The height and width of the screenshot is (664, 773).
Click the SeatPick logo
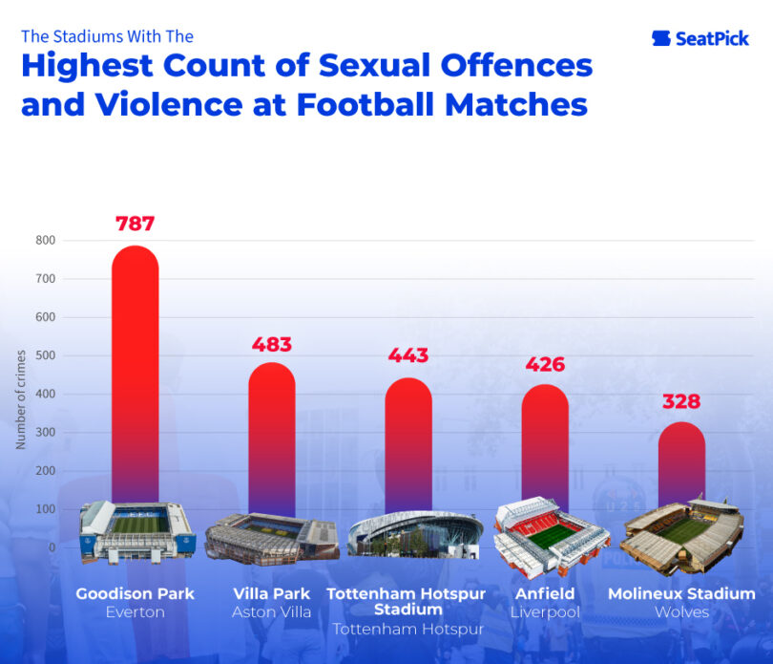(x=700, y=38)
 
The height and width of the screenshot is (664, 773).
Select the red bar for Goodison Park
(x=136, y=373)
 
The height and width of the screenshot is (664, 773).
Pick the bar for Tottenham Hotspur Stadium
(x=408, y=444)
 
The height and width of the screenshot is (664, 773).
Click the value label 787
(x=136, y=225)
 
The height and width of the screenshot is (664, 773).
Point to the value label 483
(x=272, y=345)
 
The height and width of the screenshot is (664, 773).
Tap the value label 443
(x=408, y=356)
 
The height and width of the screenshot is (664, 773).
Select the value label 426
(x=545, y=364)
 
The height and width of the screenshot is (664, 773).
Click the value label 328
(x=681, y=401)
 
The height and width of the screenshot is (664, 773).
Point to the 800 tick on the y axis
(x=47, y=240)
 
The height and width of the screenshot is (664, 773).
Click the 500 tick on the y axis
(x=47, y=355)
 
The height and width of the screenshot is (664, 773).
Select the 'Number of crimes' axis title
(x=21, y=399)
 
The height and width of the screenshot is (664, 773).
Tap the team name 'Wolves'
(x=681, y=612)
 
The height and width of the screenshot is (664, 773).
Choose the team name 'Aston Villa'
(x=272, y=612)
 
